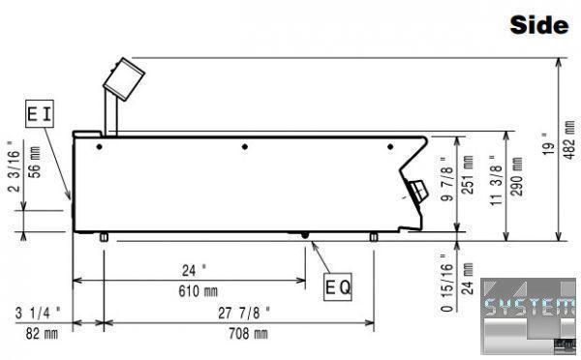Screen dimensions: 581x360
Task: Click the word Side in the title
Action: pos(539,25)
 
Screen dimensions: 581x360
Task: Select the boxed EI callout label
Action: pos(40,113)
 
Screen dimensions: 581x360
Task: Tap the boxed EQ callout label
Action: pos(338,287)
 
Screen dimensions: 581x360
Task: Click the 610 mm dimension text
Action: pos(198,291)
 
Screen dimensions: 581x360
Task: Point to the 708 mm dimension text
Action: pos(248,334)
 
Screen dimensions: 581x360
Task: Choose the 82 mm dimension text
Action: pos(42,334)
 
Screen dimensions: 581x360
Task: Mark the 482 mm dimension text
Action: pos(570,139)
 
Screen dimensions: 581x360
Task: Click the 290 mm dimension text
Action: pos(517,176)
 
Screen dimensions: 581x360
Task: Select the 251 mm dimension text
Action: pos(468,175)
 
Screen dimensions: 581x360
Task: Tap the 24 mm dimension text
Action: pos(468,279)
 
